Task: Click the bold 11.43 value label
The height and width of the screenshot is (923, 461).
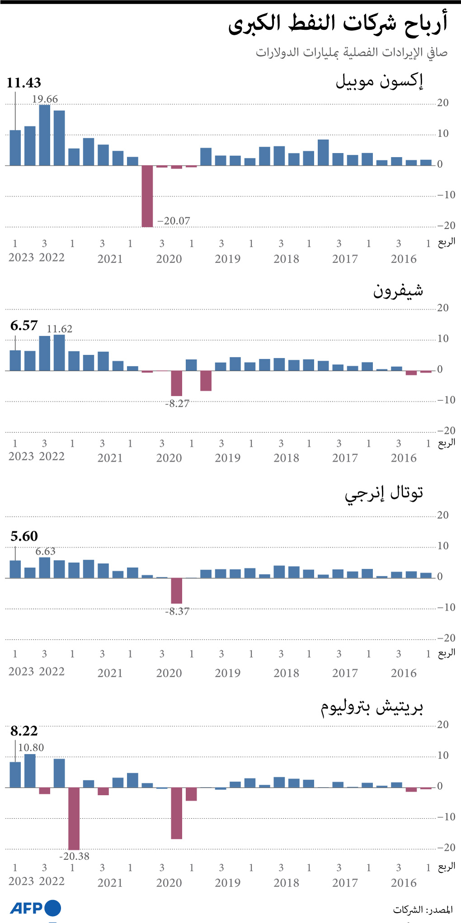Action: tap(24, 83)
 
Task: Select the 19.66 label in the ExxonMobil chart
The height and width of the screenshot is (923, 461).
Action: tap(45, 99)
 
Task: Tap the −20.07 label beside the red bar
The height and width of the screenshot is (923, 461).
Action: tap(174, 221)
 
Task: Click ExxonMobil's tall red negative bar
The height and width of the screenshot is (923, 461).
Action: tap(147, 196)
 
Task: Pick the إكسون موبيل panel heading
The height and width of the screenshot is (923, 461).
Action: tap(379, 81)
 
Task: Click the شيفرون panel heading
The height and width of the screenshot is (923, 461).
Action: tap(398, 290)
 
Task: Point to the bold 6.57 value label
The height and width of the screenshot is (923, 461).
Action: tap(24, 325)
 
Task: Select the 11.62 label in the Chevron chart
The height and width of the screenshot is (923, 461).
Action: tap(59, 329)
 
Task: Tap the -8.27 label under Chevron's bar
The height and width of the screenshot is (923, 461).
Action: tap(177, 403)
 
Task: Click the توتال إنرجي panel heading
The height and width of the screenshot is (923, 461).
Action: tap(384, 492)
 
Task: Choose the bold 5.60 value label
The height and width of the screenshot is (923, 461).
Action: tap(24, 536)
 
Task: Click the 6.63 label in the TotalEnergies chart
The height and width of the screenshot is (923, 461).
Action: tap(45, 551)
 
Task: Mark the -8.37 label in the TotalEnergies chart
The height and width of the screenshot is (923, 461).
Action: tap(177, 611)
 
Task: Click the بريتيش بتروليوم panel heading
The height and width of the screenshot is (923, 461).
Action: tap(372, 707)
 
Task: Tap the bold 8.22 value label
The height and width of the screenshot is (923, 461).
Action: tap(24, 731)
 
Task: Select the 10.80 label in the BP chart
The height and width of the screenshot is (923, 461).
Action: tap(31, 748)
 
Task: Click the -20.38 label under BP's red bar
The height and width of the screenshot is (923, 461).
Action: tap(74, 856)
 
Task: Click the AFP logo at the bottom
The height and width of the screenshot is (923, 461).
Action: tap(35, 908)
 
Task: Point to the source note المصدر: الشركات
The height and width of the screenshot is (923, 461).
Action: tap(423, 909)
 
